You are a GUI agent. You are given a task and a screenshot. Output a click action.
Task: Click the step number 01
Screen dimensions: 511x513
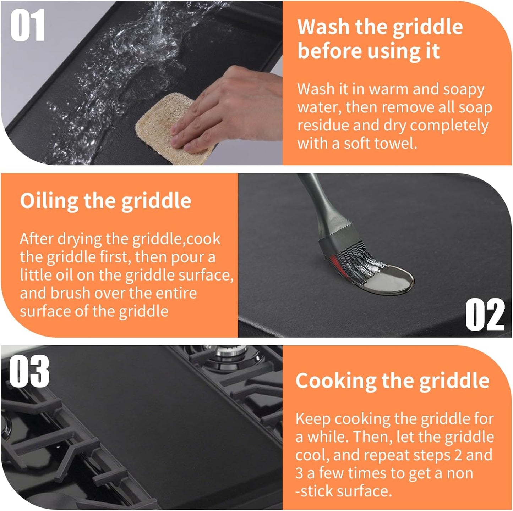point(28,26)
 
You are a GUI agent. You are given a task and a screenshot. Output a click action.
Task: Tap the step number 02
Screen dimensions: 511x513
point(485,314)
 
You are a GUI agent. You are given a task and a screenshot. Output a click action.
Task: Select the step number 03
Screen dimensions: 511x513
point(29,372)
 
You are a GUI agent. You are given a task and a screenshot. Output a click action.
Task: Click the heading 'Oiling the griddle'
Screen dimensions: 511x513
point(105,201)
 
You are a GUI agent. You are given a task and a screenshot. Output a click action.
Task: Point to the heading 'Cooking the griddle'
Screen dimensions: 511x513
point(392,381)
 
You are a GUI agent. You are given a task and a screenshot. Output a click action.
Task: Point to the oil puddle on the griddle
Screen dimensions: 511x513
point(391,280)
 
